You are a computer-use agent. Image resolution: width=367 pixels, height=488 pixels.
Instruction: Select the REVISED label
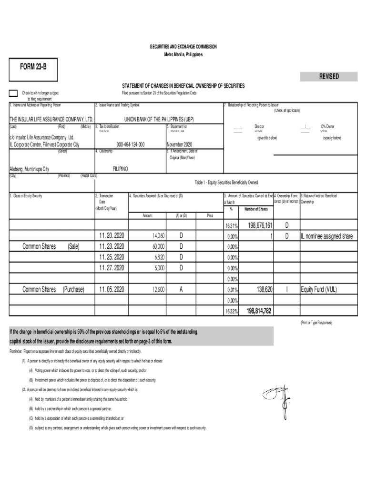click(329, 76)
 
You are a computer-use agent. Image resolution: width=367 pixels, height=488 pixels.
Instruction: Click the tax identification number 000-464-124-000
click(130, 144)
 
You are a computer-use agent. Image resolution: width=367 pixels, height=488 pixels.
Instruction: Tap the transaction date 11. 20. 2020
click(112, 236)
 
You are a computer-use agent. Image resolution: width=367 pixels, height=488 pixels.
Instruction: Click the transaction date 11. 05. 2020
click(112, 289)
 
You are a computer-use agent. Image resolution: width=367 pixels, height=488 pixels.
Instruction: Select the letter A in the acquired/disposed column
click(181, 289)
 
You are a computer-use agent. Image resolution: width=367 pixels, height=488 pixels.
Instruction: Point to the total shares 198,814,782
click(259, 311)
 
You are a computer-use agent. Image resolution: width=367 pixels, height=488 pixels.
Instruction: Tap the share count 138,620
click(264, 289)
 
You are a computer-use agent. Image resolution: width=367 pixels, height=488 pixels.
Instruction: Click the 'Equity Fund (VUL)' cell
click(320, 289)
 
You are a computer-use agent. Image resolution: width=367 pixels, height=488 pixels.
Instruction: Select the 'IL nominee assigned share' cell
click(327, 236)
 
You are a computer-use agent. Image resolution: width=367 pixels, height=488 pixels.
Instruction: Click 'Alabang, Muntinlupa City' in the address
click(30, 169)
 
